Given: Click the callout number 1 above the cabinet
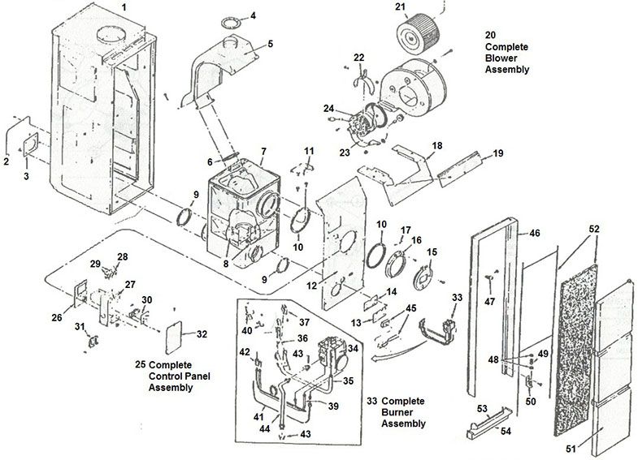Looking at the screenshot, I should click(124, 6).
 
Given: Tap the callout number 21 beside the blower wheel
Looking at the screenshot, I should click(399, 7).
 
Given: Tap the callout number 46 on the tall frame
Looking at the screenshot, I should click(534, 233).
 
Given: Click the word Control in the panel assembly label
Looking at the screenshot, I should click(168, 376).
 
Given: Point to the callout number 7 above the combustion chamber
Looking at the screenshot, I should click(263, 152).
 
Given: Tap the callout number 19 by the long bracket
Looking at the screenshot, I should click(498, 153).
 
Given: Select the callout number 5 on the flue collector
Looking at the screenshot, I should click(271, 43).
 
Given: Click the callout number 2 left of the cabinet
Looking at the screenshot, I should click(6, 161).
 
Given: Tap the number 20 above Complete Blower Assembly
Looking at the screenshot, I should click(490, 36).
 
